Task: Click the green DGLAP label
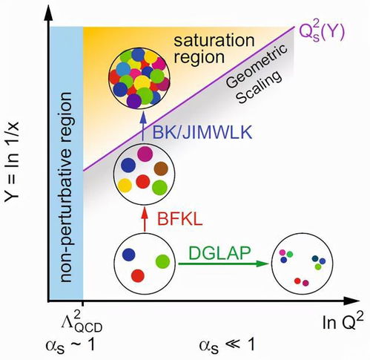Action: point(219,253)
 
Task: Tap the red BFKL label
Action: point(180,219)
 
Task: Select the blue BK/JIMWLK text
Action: point(202,132)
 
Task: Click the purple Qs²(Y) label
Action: point(321,33)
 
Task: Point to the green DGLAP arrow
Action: point(223,264)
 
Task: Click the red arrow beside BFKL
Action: point(145,220)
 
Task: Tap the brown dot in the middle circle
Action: point(161,168)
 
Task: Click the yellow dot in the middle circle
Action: point(125,186)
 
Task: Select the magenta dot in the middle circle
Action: point(145,154)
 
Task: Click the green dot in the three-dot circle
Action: point(163,261)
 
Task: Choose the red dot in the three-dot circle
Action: point(138,276)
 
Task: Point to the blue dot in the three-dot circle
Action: point(129,255)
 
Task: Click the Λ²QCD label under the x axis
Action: point(82,322)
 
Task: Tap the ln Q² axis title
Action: point(343,322)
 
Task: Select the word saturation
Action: point(214,40)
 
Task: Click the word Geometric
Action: point(257,66)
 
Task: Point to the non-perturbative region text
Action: point(65,187)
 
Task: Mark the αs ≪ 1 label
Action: point(227,345)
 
